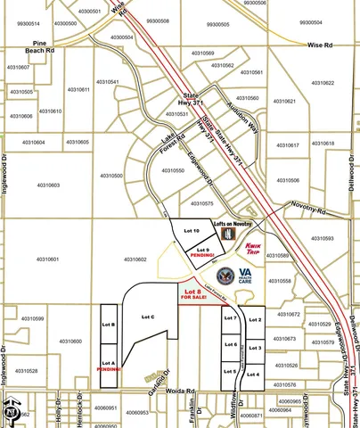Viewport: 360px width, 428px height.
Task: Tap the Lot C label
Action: [149, 317]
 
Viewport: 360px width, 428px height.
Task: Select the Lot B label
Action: [109, 325]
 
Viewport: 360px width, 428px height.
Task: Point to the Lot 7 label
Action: [230, 318]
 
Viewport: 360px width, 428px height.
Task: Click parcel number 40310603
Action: [49, 185]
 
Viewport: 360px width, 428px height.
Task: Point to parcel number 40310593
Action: [322, 238]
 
